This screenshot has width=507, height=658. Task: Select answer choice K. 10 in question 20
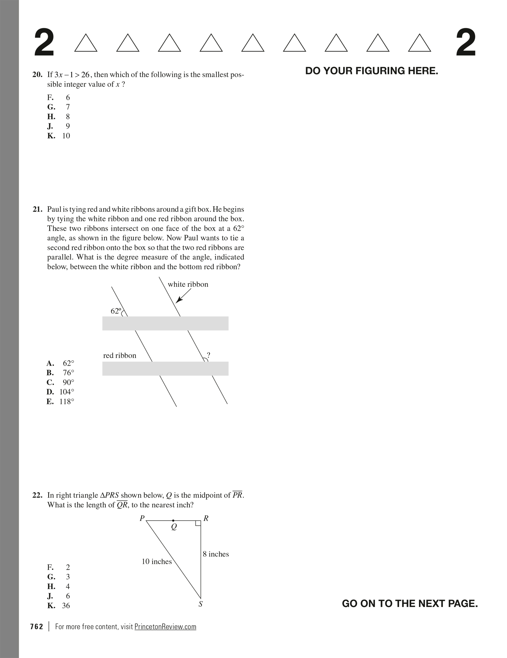(59, 136)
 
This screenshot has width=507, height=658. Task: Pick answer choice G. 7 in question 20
(59, 107)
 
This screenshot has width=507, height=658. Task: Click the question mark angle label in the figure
(209, 354)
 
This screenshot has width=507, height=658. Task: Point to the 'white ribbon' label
(188, 284)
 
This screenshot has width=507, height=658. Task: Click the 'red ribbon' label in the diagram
(120, 355)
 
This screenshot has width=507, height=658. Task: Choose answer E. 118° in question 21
(61, 401)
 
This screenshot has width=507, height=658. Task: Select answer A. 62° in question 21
(61, 363)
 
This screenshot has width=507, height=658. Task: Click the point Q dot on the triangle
(173, 520)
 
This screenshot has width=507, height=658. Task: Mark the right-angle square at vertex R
(198, 523)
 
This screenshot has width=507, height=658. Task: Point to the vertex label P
(142, 518)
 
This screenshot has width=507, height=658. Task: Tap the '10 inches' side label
(157, 562)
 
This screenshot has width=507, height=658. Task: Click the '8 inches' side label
(216, 554)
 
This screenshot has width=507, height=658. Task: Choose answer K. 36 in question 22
(59, 605)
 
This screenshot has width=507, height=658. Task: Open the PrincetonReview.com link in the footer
(165, 626)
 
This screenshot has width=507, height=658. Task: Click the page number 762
(37, 626)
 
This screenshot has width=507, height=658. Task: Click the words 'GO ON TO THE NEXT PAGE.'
(410, 603)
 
